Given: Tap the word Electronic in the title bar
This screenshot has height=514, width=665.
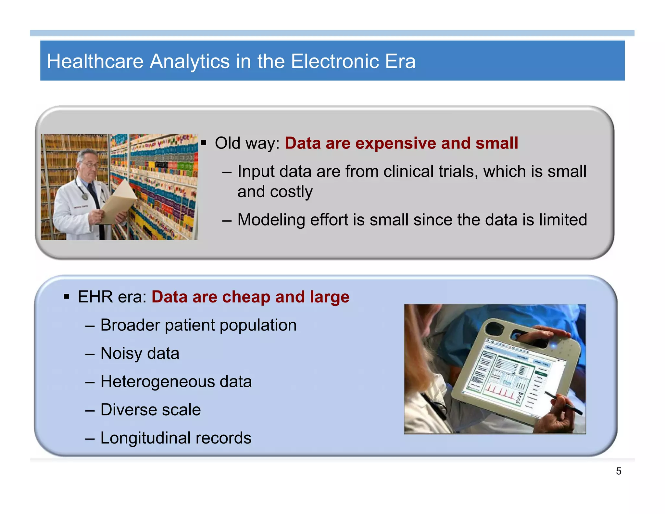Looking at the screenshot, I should click(x=335, y=61).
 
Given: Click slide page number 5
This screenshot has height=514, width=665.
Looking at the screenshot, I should click(x=619, y=471).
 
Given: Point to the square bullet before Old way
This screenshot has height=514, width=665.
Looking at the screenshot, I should click(x=204, y=143).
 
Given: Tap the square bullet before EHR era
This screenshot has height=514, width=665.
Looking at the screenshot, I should click(x=67, y=297).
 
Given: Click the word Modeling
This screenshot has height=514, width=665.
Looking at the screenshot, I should click(x=271, y=220).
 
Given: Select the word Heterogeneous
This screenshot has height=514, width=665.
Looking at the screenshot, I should click(x=157, y=382).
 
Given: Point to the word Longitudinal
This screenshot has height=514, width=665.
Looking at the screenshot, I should click(x=145, y=438).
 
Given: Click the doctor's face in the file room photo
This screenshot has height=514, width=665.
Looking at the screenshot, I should click(x=88, y=164).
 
